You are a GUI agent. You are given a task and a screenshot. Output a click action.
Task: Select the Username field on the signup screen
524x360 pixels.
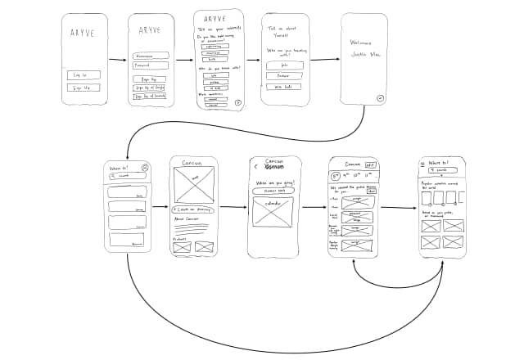point(151,56)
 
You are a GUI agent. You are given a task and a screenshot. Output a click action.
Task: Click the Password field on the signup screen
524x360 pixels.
point(151,65)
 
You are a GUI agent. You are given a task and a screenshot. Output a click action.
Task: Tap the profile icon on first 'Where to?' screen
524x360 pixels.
point(145,168)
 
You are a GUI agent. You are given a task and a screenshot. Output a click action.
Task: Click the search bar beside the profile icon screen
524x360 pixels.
point(123,176)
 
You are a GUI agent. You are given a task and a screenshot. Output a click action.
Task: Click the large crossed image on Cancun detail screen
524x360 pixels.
point(194,185)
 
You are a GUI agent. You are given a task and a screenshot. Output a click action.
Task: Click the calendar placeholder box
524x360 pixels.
point(273,211)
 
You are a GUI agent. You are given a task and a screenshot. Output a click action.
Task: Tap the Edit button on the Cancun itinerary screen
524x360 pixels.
point(370,164)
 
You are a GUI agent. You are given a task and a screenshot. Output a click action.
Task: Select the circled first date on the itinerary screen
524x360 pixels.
point(336,175)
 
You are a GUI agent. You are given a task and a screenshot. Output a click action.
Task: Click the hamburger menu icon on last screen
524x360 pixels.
point(423,164)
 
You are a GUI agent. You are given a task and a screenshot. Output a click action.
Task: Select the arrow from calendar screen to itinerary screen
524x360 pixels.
point(314,207)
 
